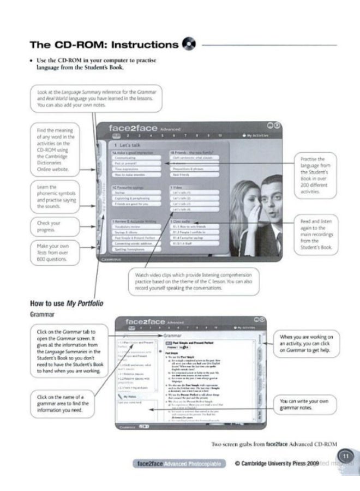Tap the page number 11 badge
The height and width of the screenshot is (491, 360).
tap(345, 456)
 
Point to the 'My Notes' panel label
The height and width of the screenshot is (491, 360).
tap(130, 396)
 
